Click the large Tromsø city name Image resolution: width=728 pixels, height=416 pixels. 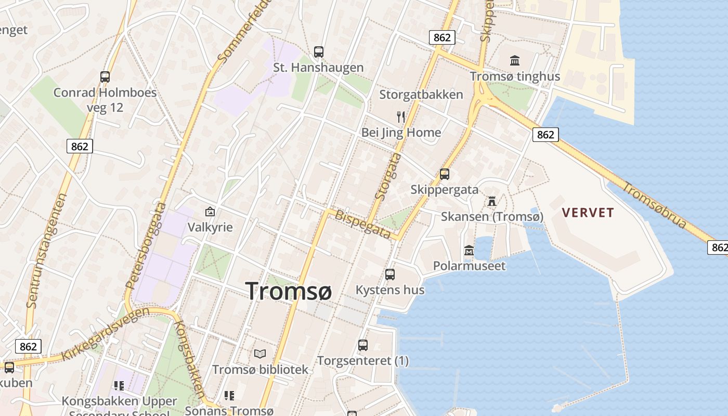pos(288,291)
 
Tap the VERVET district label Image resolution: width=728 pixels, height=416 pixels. pos(588,212)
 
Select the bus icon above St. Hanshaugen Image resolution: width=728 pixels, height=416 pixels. pos(319,52)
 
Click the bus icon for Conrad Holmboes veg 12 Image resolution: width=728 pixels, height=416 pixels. pos(105,77)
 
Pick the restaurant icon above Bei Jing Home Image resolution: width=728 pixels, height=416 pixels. pos(401,116)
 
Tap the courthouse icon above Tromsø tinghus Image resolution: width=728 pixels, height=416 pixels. pos(515,60)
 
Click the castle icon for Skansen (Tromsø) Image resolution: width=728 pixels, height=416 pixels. pos(491,201)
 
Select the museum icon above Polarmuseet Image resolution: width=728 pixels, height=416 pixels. pos(469,251)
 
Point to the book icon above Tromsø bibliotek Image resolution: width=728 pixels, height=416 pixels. pos(260,354)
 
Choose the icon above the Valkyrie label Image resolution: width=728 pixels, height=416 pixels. pos(210,212)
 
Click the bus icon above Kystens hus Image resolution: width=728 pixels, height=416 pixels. pos(390,275)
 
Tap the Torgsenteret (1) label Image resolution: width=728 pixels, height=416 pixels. pos(363,361)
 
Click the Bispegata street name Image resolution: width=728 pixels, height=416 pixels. pos(362,224)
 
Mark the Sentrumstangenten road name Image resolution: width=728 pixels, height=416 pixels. pos(46,250)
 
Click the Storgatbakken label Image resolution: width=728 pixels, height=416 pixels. pos(421,95)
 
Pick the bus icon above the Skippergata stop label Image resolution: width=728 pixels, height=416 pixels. pos(445,174)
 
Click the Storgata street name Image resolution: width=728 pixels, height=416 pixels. pos(388,180)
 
